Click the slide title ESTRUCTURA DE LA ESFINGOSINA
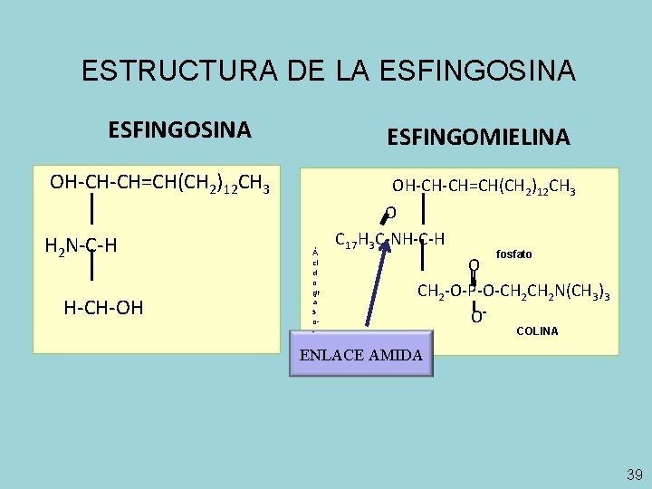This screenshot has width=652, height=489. (327, 71)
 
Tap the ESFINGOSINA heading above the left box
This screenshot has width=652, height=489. (179, 129)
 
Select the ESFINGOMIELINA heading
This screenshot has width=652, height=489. (478, 138)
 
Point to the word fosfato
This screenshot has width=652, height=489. (514, 255)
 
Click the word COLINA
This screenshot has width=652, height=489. (537, 331)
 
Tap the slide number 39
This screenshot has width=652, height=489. (634, 475)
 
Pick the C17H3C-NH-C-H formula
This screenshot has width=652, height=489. (389, 240)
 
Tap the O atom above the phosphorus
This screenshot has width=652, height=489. (473, 265)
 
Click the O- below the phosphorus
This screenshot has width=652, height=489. (476, 315)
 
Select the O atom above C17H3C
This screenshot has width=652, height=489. (390, 214)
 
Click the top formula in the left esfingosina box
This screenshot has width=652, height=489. (159, 184)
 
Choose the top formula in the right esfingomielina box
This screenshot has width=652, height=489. (484, 187)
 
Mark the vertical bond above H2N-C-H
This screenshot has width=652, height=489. (92, 214)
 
